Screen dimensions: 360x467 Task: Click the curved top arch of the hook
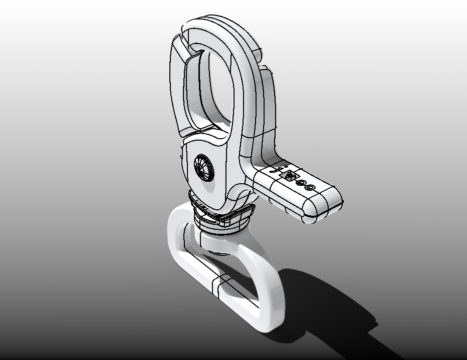point(220,25)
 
